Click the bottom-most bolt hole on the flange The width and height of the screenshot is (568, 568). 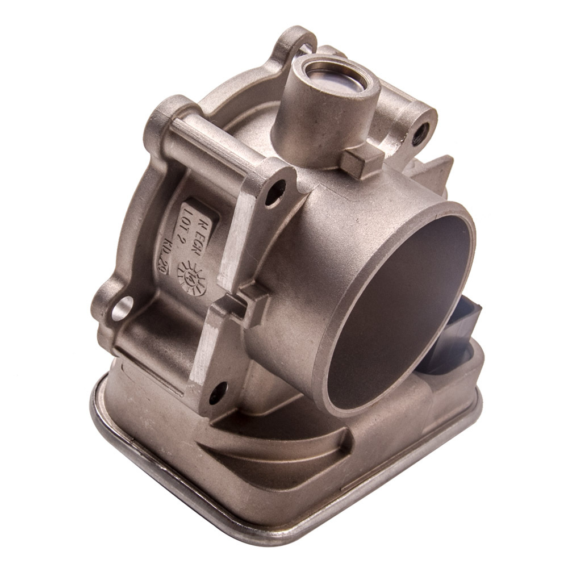coord(218,392)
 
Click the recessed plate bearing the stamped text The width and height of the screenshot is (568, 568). coord(187,239)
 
